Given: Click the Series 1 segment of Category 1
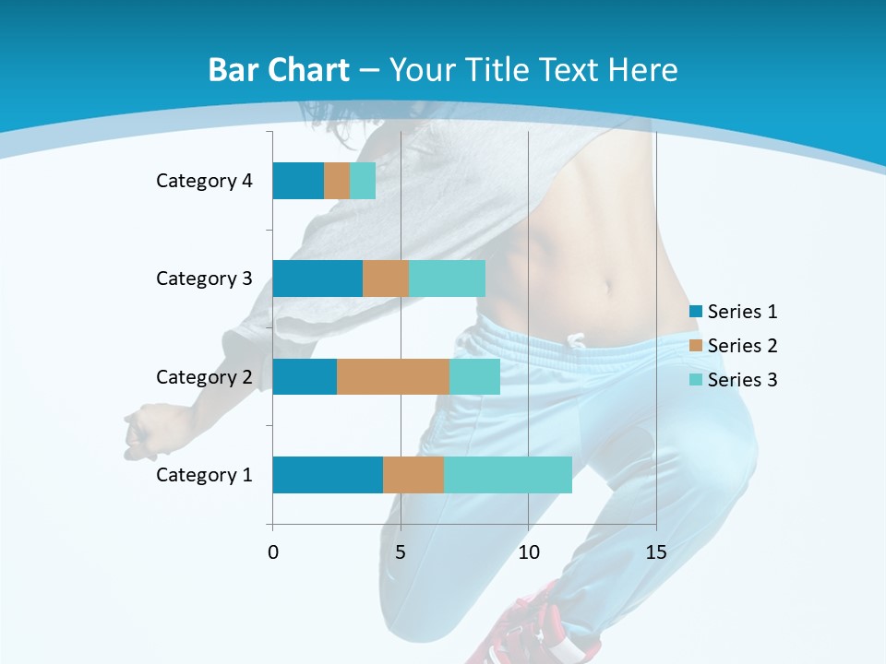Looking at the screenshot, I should pyautogui.click(x=328, y=475).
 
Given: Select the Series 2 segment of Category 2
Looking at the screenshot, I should pyautogui.click(x=393, y=376).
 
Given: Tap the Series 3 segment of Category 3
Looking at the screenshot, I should pyautogui.click(x=447, y=279).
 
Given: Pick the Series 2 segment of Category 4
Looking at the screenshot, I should pyautogui.click(x=337, y=181).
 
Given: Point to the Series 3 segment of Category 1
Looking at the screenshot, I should pyautogui.click(x=508, y=475).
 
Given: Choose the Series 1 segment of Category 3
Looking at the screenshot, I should pyautogui.click(x=317, y=279).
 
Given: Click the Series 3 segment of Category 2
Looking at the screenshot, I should pyautogui.click(x=474, y=376).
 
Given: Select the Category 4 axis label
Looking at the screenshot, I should pyautogui.click(x=204, y=181).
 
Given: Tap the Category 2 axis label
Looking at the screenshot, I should pyautogui.click(x=204, y=376).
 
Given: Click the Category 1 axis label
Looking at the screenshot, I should pyautogui.click(x=204, y=475).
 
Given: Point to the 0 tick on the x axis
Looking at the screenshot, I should pyautogui.click(x=273, y=552).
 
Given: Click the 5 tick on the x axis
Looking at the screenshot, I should pyautogui.click(x=401, y=552).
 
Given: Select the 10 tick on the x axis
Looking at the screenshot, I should pyautogui.click(x=528, y=552).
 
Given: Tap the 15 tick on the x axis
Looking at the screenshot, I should pyautogui.click(x=655, y=552).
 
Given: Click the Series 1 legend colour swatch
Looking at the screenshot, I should pyautogui.click(x=695, y=312).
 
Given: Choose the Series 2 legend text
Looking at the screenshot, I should pyautogui.click(x=742, y=346).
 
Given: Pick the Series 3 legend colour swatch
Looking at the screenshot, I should pyautogui.click(x=695, y=379).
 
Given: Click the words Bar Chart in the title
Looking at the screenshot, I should pyautogui.click(x=279, y=70).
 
